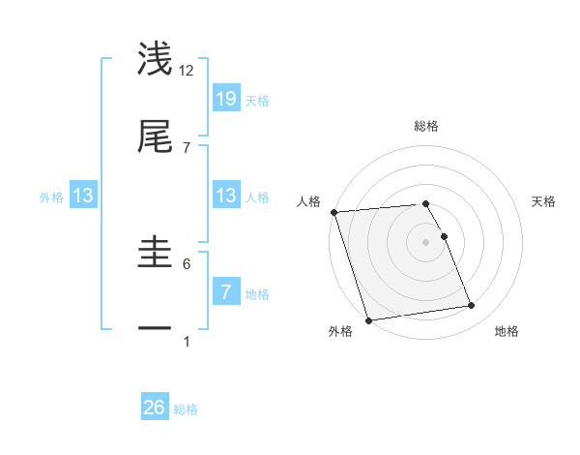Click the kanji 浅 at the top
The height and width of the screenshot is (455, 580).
point(156,59)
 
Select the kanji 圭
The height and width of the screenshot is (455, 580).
point(156,253)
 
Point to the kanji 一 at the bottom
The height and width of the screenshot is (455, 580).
point(156,329)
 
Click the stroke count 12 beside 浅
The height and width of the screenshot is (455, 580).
point(187,70)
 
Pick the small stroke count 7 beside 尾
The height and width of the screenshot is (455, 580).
point(187,147)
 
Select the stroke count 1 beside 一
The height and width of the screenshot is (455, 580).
point(187,341)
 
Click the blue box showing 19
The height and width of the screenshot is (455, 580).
point(225,98)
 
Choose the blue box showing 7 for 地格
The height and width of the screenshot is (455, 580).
point(225,291)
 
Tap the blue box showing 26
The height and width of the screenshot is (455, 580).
point(155,408)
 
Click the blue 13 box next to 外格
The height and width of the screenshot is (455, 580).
point(83,196)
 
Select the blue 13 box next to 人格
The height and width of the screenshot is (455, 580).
point(225,196)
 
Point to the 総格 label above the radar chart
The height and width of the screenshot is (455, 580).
point(426,126)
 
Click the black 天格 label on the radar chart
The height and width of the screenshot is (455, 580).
point(544,201)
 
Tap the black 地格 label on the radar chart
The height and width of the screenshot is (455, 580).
point(507,332)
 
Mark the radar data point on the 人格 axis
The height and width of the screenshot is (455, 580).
point(333,212)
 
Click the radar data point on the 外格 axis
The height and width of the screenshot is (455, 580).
point(368,319)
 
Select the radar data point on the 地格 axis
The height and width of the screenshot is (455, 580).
point(471,306)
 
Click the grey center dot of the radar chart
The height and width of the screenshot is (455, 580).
point(426,242)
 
